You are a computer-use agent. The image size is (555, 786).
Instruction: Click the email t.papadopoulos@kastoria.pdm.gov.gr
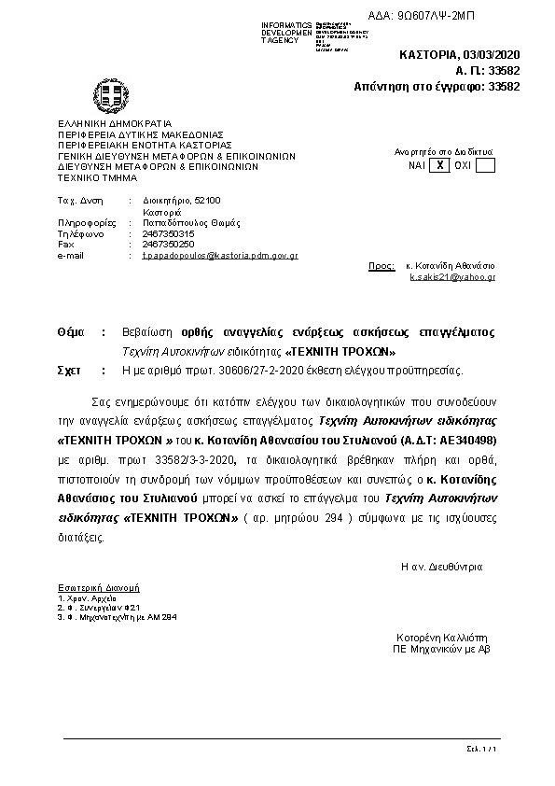pos(219,255)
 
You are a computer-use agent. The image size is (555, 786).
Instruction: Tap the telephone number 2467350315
pos(168,233)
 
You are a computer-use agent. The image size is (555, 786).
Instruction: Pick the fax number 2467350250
pos(168,244)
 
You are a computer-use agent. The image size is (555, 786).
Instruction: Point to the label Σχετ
pos(68,371)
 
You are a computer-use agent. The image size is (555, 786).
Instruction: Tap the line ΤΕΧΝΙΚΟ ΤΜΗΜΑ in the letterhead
pos(97,175)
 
